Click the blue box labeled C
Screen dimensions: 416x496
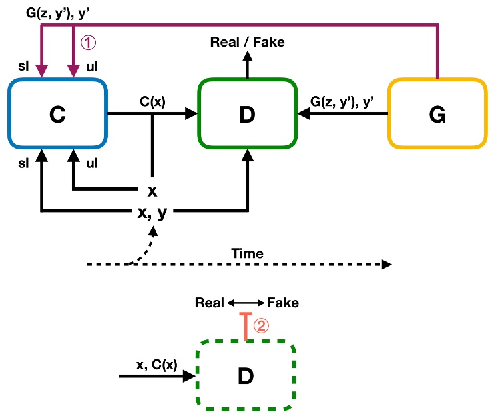[x=58, y=114]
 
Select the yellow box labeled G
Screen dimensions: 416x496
[x=437, y=114]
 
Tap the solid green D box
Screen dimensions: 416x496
[x=247, y=114]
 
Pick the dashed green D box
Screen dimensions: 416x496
[x=246, y=376]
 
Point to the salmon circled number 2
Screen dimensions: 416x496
[x=262, y=326]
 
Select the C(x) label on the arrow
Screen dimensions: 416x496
[x=152, y=102]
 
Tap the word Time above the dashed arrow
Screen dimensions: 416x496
[x=247, y=253]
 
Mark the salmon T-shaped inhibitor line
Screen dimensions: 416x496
[x=246, y=327]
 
